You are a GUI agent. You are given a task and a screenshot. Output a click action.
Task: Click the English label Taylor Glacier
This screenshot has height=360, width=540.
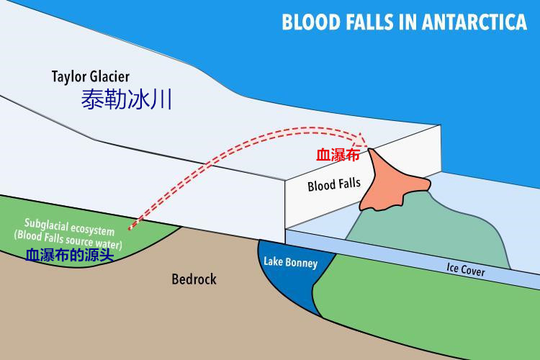pyautogui.click(x=91, y=76)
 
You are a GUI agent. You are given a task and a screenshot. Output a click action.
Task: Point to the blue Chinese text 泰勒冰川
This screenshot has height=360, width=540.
pyautogui.click(x=126, y=99)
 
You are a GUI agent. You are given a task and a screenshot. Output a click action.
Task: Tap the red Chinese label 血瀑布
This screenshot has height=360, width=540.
pyautogui.click(x=337, y=154)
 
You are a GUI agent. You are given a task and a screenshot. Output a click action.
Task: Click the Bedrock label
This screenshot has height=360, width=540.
pyautogui.click(x=194, y=279)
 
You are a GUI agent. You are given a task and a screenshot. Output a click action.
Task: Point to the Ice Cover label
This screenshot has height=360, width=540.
pyautogui.click(x=466, y=271)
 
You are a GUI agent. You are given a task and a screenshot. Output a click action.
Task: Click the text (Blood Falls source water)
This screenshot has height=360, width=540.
pyautogui.click(x=68, y=235)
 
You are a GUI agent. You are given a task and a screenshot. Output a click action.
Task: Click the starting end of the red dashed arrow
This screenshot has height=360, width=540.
pyautogui.click(x=130, y=228)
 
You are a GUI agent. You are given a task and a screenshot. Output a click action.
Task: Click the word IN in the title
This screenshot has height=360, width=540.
pyautogui.click(x=415, y=22)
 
